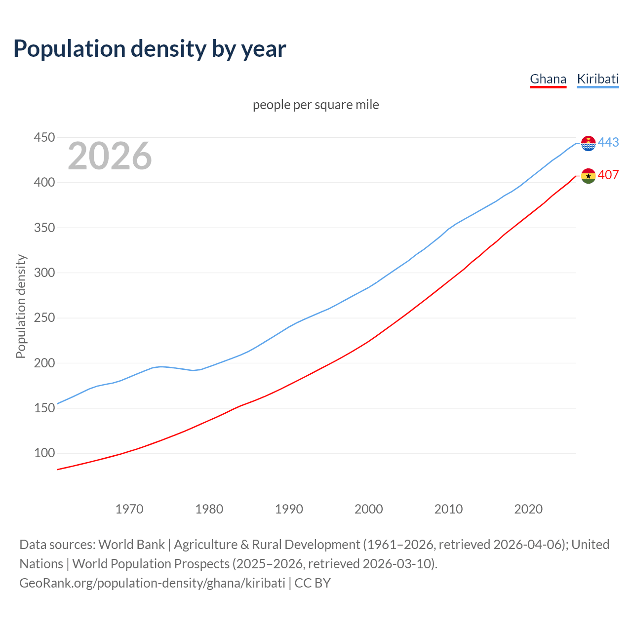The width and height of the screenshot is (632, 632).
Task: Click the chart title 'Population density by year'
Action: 150,49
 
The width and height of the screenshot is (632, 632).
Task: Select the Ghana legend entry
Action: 548,79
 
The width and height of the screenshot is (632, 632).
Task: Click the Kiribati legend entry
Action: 597,79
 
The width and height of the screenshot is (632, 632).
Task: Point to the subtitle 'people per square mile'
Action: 316,105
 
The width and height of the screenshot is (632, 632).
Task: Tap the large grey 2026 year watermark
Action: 110,156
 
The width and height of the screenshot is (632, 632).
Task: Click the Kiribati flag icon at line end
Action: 588,143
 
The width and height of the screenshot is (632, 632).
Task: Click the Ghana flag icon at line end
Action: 588,176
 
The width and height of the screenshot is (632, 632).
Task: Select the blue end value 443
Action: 608,142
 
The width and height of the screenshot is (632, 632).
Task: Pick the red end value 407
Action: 608,175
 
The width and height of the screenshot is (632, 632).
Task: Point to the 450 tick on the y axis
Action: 44,137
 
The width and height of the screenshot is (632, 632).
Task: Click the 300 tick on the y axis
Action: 44,273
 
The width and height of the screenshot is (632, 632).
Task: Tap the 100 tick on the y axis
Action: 44,453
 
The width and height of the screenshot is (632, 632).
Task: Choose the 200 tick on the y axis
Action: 44,363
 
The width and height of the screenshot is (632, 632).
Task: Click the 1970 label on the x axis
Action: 129,509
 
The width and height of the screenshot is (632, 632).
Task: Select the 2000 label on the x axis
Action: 368,509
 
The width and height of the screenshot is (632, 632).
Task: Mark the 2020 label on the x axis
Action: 528,509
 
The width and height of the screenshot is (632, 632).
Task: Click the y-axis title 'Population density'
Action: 21,306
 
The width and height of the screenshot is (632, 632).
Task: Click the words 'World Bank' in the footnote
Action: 131,545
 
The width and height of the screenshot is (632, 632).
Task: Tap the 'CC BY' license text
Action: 313,583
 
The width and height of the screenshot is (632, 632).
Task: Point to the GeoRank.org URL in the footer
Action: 152,583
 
